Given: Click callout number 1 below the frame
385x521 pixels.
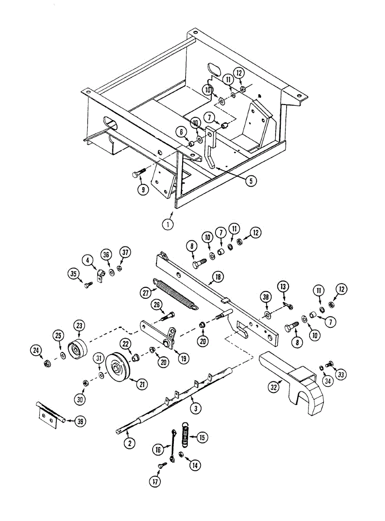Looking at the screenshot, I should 167,224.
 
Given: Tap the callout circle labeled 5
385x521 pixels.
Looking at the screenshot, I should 251,181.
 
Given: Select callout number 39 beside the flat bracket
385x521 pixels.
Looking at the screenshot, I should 80,421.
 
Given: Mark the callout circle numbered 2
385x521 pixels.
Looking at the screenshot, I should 129,443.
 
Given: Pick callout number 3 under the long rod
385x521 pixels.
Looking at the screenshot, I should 196,408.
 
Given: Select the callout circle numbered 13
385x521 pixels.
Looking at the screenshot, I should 283,287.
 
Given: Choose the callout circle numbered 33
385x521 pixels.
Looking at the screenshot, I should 342,374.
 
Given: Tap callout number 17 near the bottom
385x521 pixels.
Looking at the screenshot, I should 155,481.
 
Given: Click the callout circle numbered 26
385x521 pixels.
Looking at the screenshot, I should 157,305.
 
